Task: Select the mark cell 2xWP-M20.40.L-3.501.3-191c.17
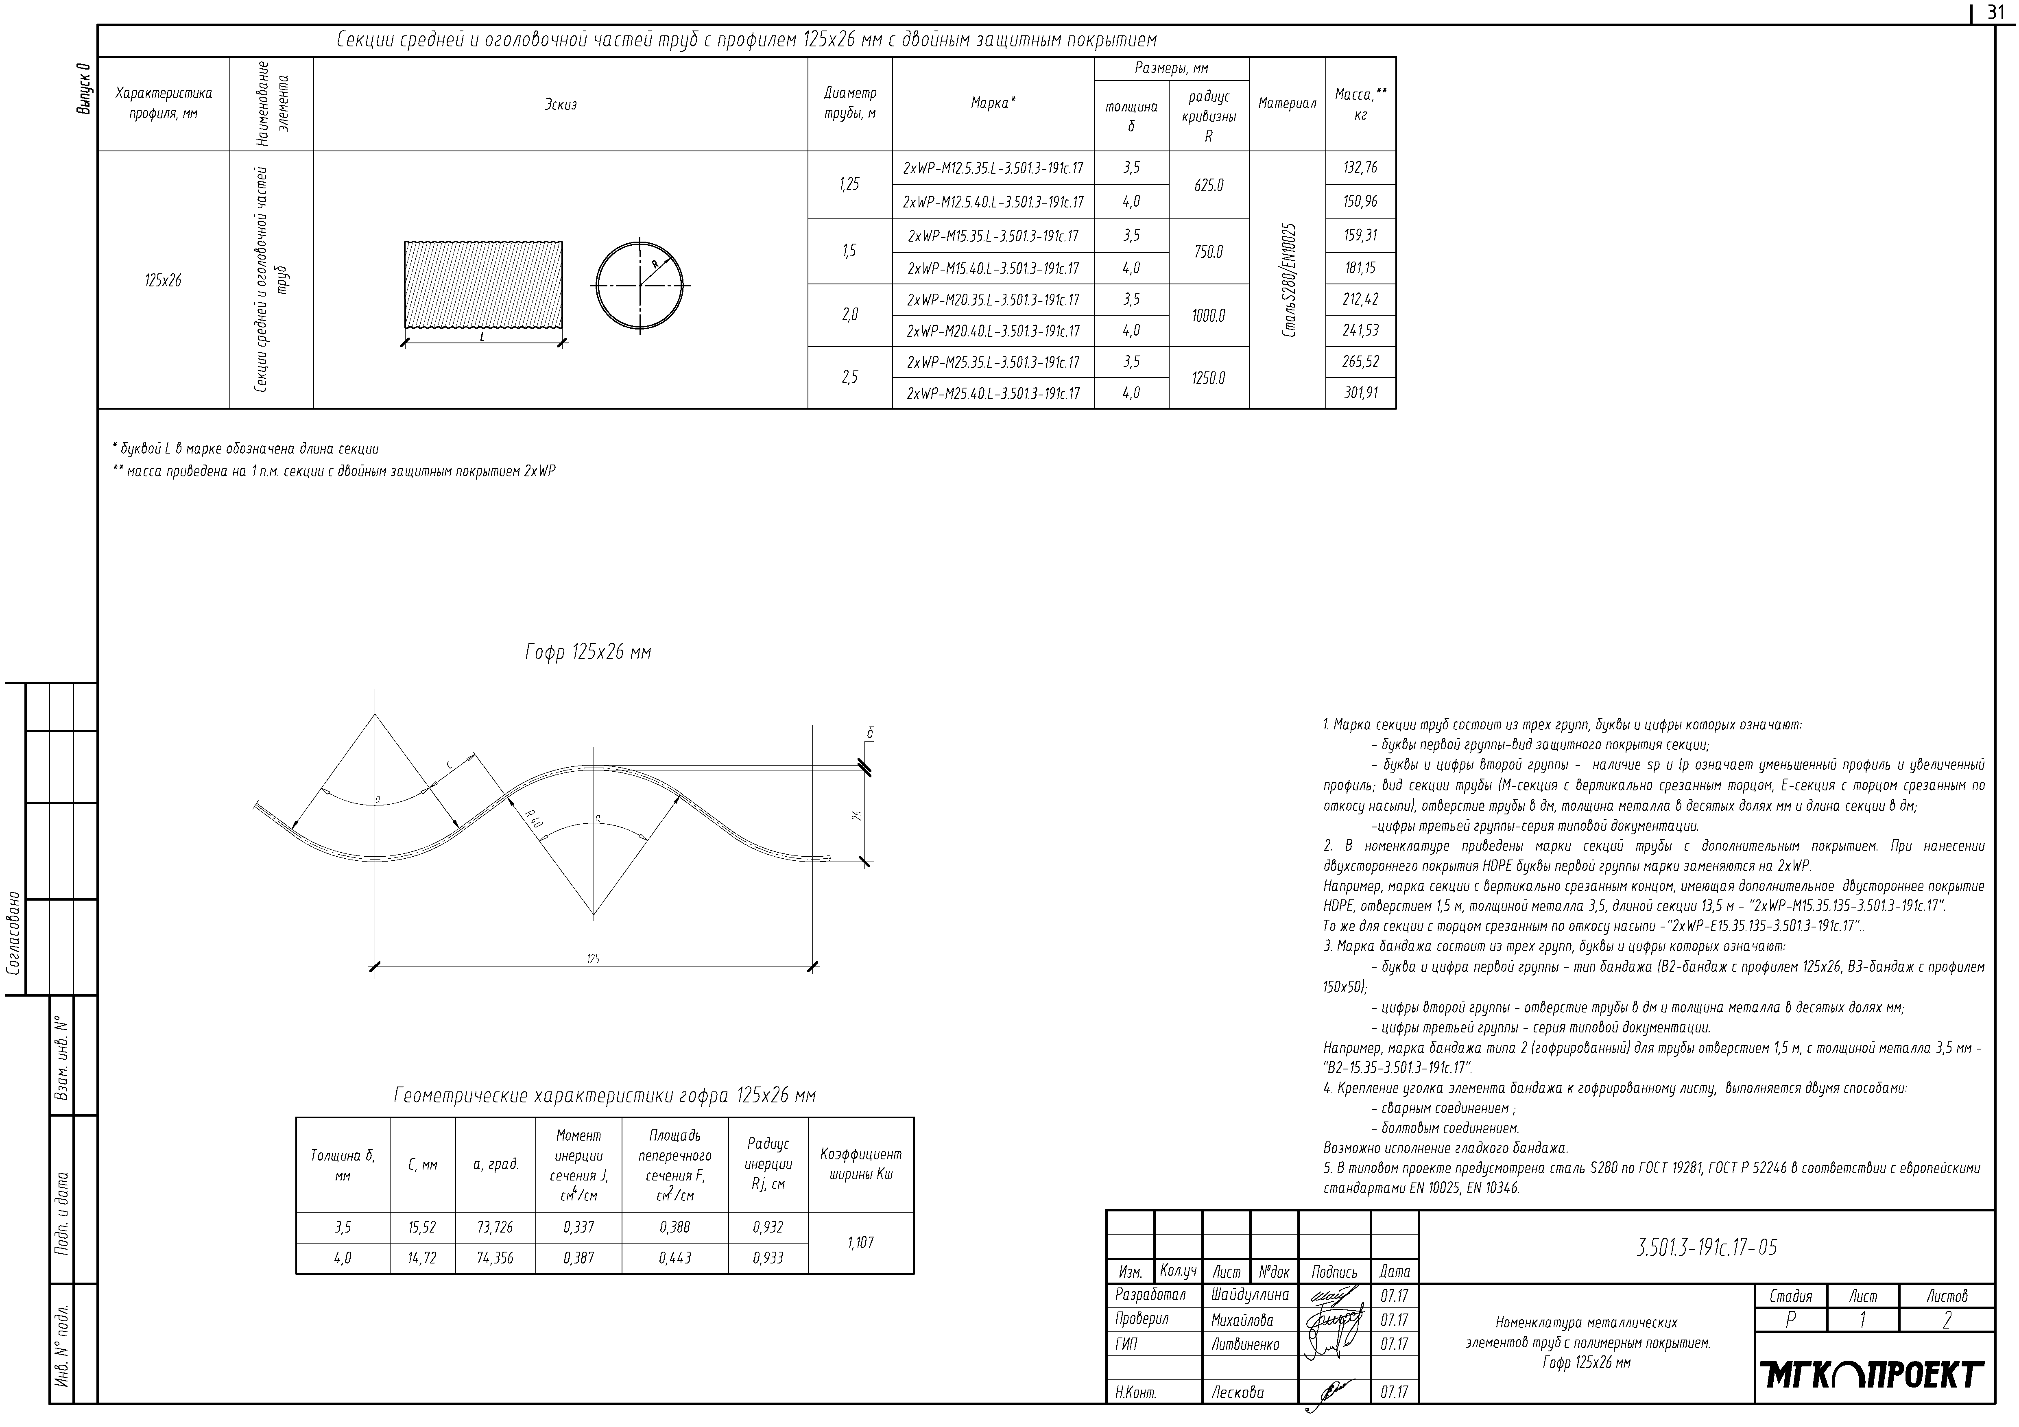pos(993,332)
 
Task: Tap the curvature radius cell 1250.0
pos(1208,378)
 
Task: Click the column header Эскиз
pos(560,105)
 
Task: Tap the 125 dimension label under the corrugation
pos(593,959)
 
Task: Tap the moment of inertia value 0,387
pos(578,1258)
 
